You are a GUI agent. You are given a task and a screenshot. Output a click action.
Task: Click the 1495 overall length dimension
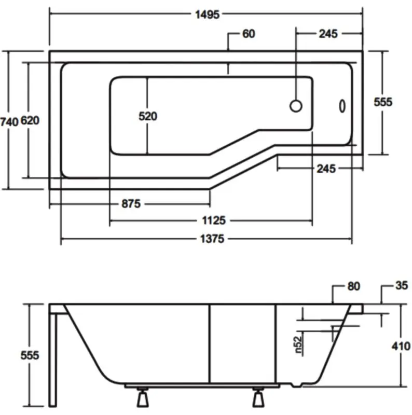tap(208, 15)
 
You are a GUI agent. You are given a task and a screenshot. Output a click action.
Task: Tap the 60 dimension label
tap(249, 34)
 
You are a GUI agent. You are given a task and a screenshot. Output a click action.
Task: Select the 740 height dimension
tap(9, 122)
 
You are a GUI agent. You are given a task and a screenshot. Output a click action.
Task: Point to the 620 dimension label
tap(30, 121)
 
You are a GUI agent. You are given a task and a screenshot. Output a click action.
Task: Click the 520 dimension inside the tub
tap(148, 116)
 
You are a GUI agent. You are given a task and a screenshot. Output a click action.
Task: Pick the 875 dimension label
tap(131, 204)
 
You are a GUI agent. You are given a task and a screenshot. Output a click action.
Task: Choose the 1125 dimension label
tap(214, 220)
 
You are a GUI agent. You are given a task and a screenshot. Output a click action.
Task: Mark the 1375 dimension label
tap(212, 239)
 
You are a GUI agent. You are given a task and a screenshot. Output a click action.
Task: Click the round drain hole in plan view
tap(296, 106)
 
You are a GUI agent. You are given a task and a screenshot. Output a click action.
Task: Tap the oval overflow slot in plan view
tap(342, 106)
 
